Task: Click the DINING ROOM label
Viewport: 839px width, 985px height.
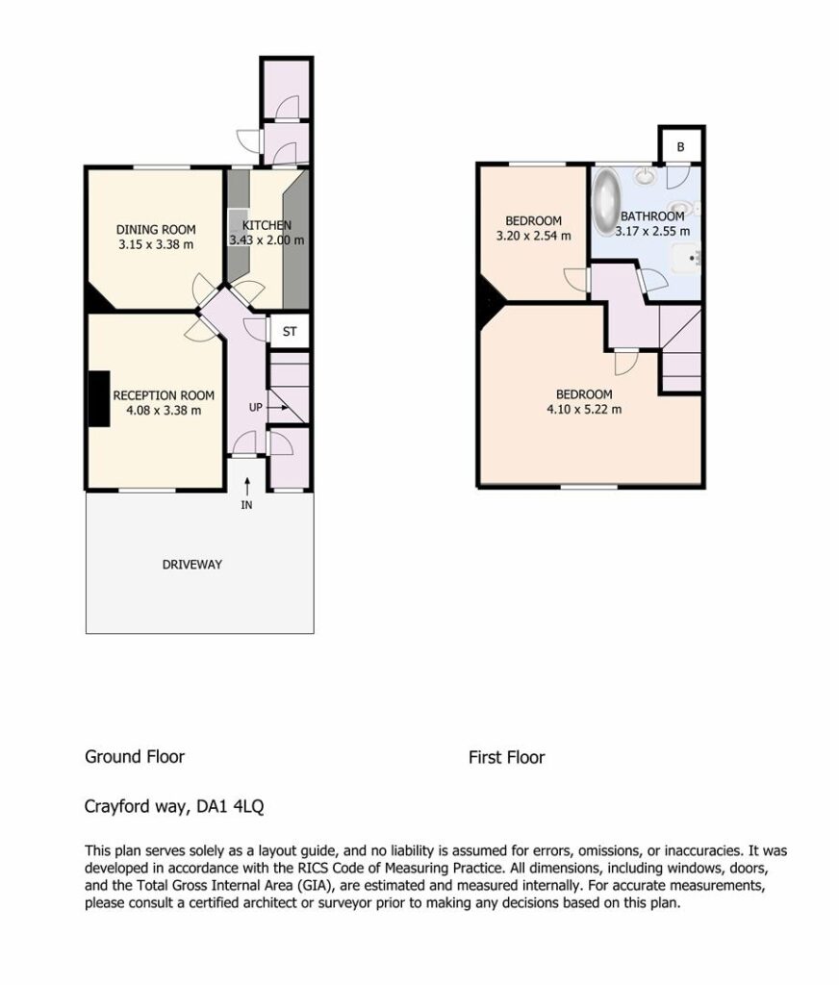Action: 156,230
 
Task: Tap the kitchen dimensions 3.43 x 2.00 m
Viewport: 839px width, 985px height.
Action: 267,240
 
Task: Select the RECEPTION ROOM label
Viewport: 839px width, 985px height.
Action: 164,395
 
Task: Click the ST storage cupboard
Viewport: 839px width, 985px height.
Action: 289,332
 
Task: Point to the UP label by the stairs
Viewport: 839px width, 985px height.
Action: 256,407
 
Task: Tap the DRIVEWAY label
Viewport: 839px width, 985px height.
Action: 192,565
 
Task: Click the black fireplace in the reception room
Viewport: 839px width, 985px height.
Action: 99,399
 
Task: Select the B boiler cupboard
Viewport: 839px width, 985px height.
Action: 680,146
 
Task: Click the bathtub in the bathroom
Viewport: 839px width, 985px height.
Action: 607,202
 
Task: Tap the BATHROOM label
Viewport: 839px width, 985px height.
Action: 652,216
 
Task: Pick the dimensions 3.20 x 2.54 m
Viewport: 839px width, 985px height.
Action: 534,237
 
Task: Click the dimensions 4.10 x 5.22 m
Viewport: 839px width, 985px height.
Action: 584,410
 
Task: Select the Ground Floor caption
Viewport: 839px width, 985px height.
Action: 135,756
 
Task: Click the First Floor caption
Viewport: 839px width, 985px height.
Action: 506,757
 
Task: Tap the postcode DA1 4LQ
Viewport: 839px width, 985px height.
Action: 230,806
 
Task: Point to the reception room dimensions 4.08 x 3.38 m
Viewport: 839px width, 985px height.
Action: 164,411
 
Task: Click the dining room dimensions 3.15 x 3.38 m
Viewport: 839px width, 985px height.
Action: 156,245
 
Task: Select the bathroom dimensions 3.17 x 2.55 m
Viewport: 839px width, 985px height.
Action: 652,231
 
